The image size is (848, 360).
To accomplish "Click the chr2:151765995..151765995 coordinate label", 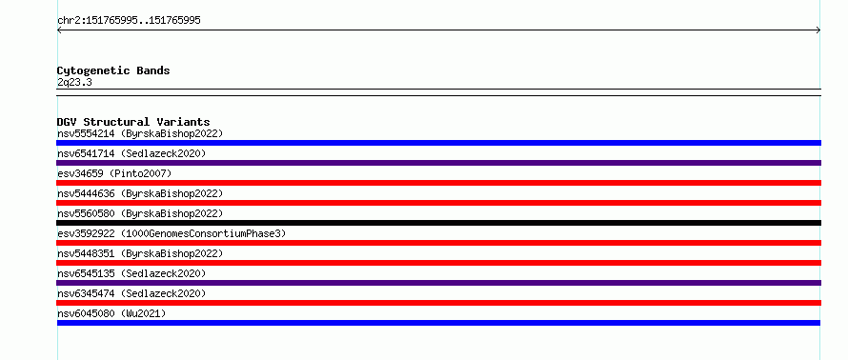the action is coord(129,21).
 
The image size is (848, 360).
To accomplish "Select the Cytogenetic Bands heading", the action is coord(113,70).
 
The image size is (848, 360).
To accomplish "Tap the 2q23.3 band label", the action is coord(74,83).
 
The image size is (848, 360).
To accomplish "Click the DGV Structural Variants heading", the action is coord(133,122).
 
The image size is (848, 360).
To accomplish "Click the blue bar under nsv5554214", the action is coord(438,143).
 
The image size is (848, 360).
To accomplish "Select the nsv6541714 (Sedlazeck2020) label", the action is coord(131,153).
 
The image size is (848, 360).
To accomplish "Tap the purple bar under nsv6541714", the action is coord(438,163).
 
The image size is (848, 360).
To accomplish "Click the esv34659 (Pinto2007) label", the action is coord(114,173).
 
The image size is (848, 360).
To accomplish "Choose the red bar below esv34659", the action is coord(438,183).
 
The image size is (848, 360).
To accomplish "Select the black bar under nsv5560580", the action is coord(438,223).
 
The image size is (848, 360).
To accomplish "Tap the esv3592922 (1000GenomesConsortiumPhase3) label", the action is coord(172,233).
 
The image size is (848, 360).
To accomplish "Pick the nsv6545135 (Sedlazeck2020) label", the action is coord(131,273).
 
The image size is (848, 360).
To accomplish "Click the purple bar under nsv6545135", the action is coord(438,283).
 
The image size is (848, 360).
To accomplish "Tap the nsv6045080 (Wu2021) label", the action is coord(111,313).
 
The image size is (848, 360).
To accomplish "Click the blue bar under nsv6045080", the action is coord(438,323).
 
